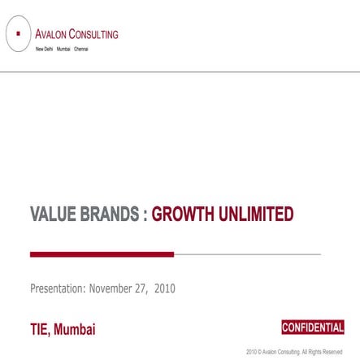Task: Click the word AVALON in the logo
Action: [x=50, y=34]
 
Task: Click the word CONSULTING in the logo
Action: [x=93, y=34]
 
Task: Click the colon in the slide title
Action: [x=145, y=215]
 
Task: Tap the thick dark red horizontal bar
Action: [x=102, y=254]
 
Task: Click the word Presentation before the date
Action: [x=58, y=288]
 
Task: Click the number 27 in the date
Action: [x=143, y=288]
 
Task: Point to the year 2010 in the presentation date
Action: [x=165, y=288]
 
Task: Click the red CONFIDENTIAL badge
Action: [x=312, y=327]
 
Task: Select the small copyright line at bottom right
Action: [x=294, y=352]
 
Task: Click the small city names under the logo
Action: [x=62, y=50]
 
